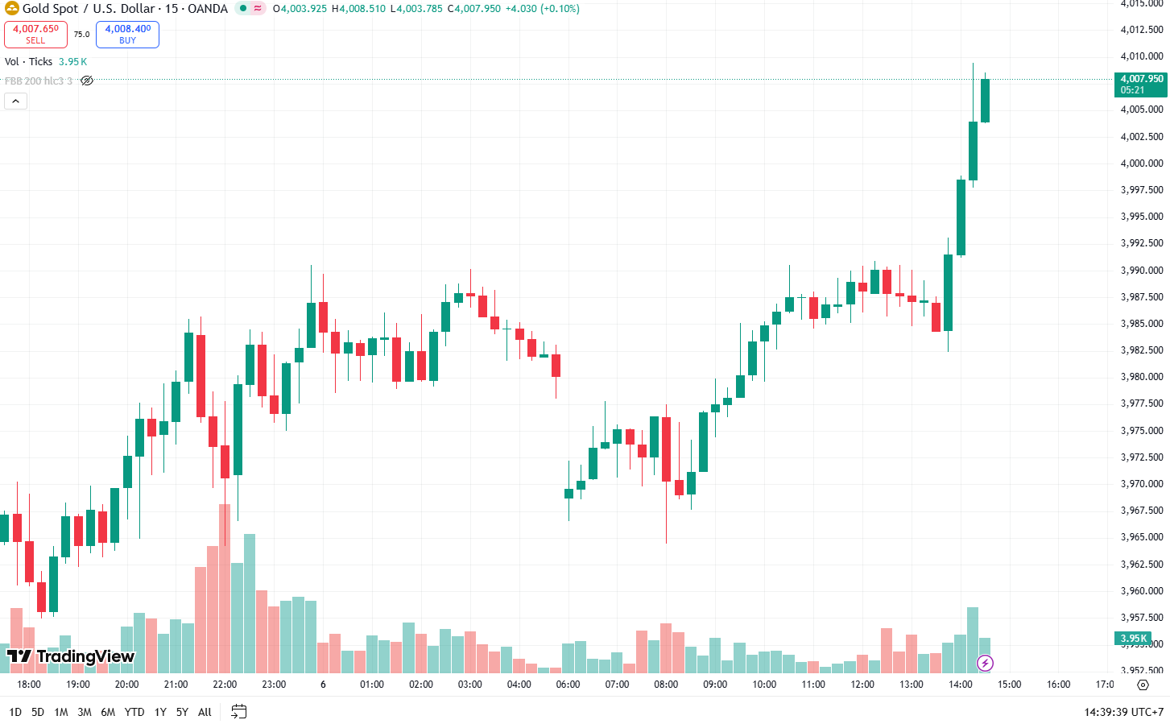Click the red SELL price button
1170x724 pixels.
[x=35, y=34]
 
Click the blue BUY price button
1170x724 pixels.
[x=127, y=34]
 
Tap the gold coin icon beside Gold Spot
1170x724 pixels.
[x=11, y=9]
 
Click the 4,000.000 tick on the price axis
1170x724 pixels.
[x=1142, y=163]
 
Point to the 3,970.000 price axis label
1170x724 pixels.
[x=1142, y=484]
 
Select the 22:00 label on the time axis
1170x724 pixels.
[x=225, y=685]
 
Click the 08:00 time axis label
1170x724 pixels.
[x=666, y=685]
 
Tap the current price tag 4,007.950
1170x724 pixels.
[x=1141, y=84]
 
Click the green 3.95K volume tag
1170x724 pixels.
[x=1134, y=639]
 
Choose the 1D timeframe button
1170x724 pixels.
[x=15, y=712]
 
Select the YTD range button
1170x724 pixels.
[x=134, y=712]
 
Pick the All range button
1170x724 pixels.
[x=205, y=712]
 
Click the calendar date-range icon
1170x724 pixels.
[x=238, y=711]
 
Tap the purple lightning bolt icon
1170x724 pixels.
[x=985, y=664]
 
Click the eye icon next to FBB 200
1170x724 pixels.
[x=87, y=81]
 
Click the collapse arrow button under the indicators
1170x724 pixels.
[x=16, y=101]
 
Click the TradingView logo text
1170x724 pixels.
[x=71, y=656]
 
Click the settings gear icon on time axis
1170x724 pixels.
[x=1143, y=685]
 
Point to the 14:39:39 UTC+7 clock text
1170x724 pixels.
[x=1123, y=712]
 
